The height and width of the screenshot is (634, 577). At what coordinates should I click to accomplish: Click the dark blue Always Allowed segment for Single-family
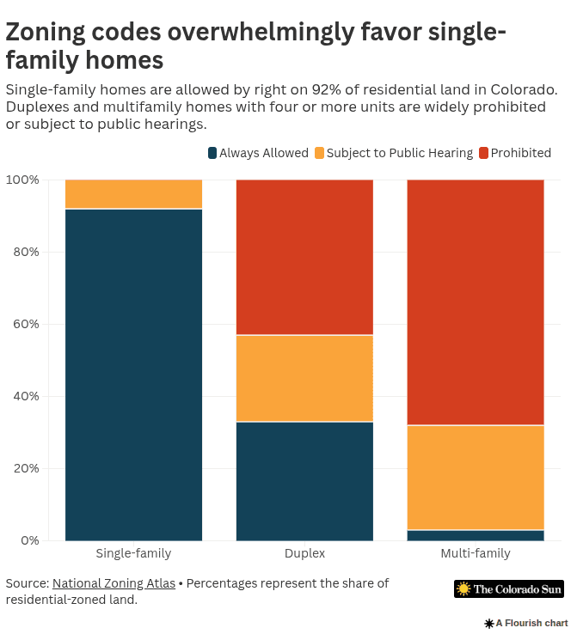pyautogui.click(x=133, y=375)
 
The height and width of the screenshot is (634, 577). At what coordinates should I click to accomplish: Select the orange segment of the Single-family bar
pyautogui.click(x=133, y=194)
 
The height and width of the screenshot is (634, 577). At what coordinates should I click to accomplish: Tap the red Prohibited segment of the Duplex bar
pyautogui.click(x=304, y=257)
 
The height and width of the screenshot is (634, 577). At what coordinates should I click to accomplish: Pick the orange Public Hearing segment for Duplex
pyautogui.click(x=304, y=378)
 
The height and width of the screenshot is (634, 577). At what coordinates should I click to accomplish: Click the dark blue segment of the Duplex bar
pyautogui.click(x=304, y=481)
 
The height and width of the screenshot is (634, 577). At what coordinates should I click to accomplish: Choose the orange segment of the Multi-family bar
pyautogui.click(x=475, y=478)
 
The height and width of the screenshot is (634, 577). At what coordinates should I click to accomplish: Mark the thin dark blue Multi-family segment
pyautogui.click(x=475, y=535)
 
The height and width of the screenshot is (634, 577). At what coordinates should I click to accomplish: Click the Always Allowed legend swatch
pyautogui.click(x=212, y=153)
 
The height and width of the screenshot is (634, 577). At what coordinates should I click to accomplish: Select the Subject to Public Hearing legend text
pyautogui.click(x=400, y=153)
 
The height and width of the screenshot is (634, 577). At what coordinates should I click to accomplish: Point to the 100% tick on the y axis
pyautogui.click(x=22, y=180)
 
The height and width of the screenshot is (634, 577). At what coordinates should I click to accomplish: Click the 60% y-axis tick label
pyautogui.click(x=22, y=324)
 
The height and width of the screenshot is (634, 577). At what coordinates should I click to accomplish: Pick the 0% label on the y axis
pyautogui.click(x=29, y=540)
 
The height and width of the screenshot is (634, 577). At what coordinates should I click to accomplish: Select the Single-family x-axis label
pyautogui.click(x=133, y=553)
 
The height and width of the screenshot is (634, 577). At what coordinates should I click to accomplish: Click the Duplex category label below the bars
pyautogui.click(x=304, y=553)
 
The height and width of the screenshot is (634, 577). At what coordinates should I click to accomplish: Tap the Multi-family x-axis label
pyautogui.click(x=475, y=553)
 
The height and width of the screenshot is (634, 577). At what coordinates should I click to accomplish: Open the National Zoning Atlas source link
pyautogui.click(x=114, y=583)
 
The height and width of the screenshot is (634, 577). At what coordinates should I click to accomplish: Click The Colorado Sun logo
pyautogui.click(x=509, y=589)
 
